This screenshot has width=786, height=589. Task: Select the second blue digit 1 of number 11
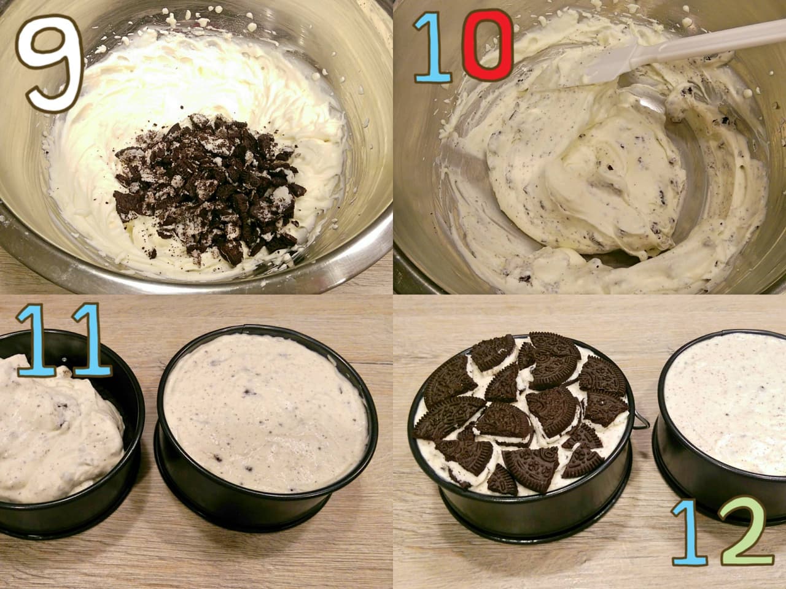[90, 340]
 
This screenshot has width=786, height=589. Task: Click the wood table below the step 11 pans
[196, 561]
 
